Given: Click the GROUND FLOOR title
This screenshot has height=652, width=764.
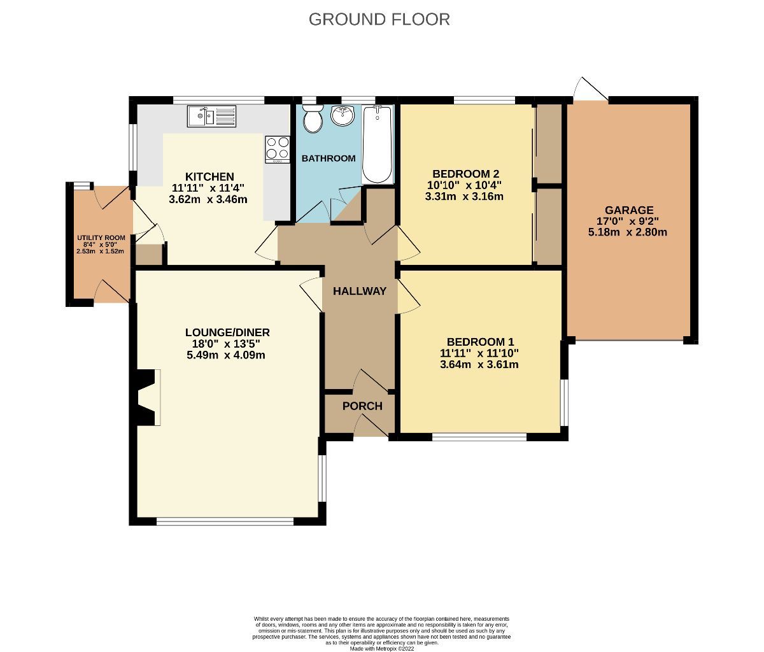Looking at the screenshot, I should [379, 19].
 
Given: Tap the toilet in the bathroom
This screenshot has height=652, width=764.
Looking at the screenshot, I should [312, 120].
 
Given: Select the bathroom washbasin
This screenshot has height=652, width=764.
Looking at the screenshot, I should [342, 117].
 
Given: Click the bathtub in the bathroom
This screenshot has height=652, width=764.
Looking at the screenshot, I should [376, 145].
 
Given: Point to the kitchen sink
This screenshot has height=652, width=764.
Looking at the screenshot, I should [212, 117].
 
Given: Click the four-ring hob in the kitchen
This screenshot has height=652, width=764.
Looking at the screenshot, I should [278, 149].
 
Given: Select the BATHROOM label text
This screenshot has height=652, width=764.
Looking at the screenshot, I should [329, 158].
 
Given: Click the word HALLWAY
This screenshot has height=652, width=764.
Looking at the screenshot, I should [360, 291].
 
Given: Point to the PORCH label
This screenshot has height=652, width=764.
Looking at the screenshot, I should [362, 406].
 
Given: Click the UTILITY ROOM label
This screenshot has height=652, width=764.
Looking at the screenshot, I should [101, 237].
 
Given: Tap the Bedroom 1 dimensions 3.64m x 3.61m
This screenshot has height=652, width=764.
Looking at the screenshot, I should [479, 365].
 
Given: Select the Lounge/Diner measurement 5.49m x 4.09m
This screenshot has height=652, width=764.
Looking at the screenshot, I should [226, 355].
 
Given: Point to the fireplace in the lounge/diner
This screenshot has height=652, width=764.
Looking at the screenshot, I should [147, 397].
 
